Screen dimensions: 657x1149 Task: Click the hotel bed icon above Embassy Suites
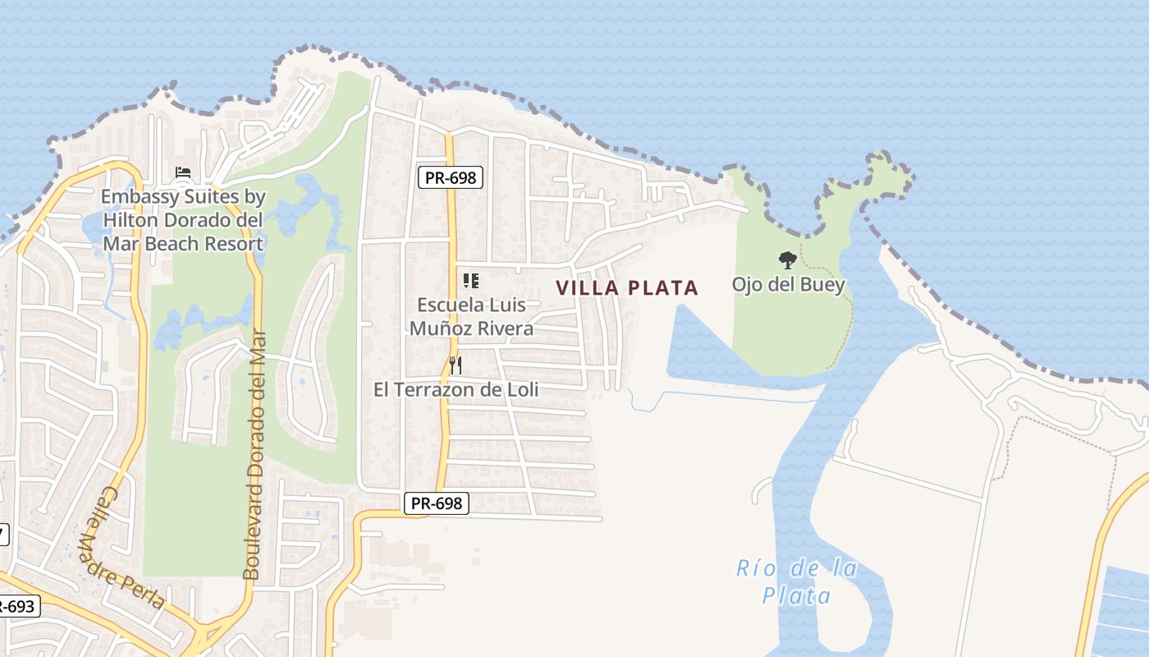click(x=183, y=173)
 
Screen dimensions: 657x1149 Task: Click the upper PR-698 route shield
click(x=450, y=177)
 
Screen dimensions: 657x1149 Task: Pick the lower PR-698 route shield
click(x=437, y=503)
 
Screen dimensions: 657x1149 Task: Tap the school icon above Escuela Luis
click(x=471, y=282)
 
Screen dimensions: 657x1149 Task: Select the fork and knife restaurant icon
click(x=455, y=365)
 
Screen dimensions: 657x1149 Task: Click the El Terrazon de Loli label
click(x=455, y=389)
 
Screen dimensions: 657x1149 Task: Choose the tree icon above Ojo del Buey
click(x=788, y=261)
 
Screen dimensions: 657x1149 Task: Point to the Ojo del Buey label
click(x=788, y=285)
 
